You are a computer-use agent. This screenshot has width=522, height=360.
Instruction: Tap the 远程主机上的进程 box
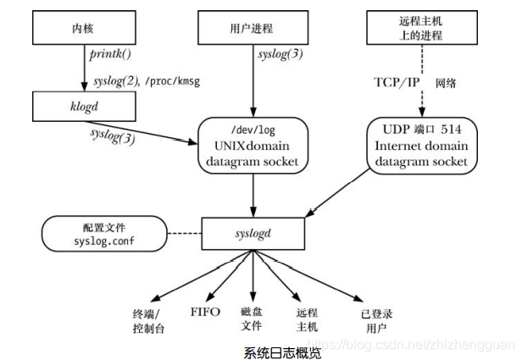coord(420,30)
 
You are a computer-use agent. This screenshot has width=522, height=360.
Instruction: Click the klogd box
coord(82,108)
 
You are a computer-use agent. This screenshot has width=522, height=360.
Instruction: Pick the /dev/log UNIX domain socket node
coord(252,145)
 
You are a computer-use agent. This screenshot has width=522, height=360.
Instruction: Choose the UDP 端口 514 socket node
coord(420,145)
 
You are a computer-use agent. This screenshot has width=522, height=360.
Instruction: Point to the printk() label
coord(109,55)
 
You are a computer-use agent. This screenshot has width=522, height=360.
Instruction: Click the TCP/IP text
coord(397,82)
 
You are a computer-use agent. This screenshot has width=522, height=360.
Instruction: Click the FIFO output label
coord(205,312)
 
